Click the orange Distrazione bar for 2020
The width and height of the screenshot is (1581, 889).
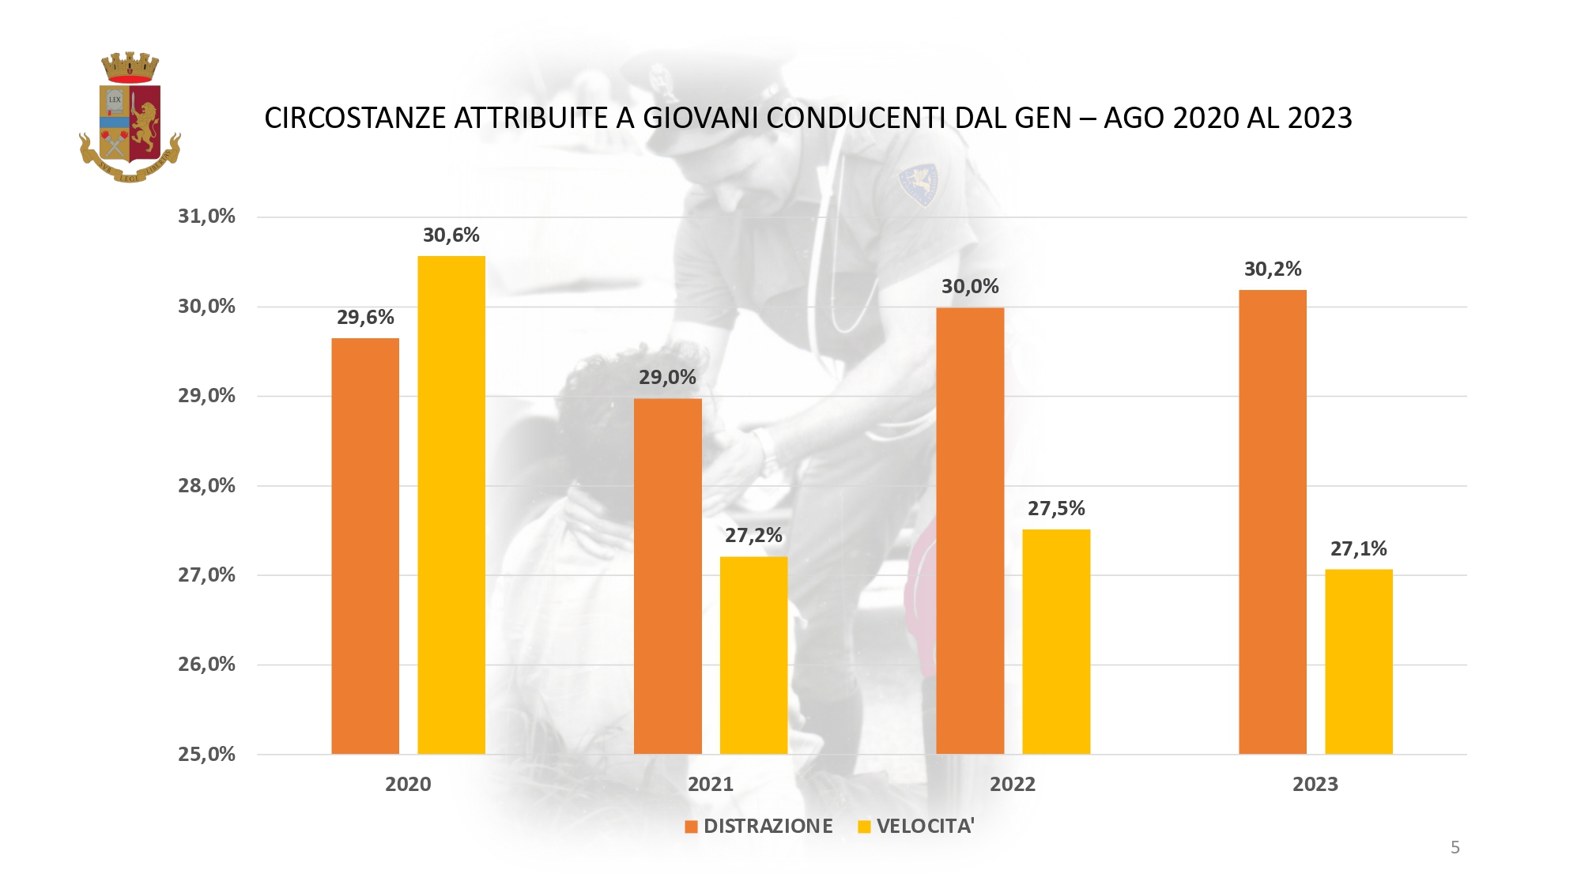click(365, 545)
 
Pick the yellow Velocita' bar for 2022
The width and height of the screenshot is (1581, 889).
click(1056, 641)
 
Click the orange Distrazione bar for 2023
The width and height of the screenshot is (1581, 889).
click(1273, 522)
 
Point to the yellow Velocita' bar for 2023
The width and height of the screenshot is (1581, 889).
click(1359, 661)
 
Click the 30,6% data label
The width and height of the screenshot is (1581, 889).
click(451, 235)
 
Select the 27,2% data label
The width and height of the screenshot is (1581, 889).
click(753, 536)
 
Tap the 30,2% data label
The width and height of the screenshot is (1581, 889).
click(1273, 269)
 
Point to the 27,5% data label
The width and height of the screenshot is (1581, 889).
click(1056, 509)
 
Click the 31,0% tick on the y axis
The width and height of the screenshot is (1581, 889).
click(206, 217)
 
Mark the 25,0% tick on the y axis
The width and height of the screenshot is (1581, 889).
click(206, 755)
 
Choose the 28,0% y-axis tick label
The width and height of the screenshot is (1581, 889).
click(206, 486)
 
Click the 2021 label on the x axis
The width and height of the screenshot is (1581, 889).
click(711, 785)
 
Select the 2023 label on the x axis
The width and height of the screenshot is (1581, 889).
click(1315, 785)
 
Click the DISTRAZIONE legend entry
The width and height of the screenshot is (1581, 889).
click(759, 827)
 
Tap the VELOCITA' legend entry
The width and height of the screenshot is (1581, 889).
click(917, 827)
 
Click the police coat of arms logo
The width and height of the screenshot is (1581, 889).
click(130, 118)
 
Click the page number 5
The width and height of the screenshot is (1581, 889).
click(1455, 848)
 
